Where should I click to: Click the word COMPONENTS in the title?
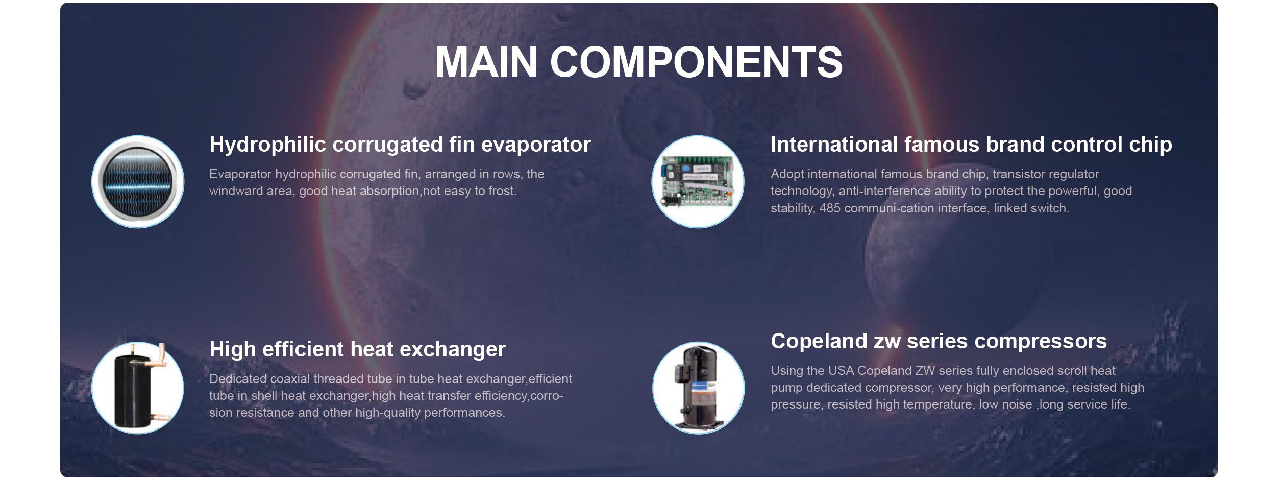696,62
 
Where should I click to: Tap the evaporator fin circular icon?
138,182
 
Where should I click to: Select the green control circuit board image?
698,182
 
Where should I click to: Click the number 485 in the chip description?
830,208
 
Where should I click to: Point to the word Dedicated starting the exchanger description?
238,379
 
